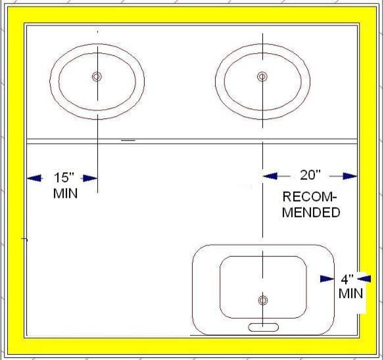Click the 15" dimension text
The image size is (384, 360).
[x=64, y=177]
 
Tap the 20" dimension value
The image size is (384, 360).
[x=310, y=175]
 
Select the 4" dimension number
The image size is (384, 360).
[x=347, y=279]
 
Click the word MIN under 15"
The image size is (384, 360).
[x=65, y=193]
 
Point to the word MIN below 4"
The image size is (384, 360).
[x=350, y=294]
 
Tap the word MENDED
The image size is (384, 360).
[x=311, y=212]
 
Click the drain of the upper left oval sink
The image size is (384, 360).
[x=97, y=77]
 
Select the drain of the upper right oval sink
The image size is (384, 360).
[x=262, y=77]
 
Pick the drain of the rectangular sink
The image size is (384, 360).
[x=263, y=300]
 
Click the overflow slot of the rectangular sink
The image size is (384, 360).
[x=263, y=327]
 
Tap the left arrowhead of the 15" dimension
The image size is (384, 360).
[x=34, y=178]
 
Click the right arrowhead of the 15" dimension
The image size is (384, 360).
[x=90, y=178]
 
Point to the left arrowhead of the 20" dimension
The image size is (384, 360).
[x=270, y=175]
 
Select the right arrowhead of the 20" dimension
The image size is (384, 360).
[x=350, y=176]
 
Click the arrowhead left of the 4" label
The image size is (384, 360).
[x=327, y=279]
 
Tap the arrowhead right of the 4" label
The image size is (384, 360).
[x=364, y=279]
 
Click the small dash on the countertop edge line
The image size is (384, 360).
[x=128, y=141]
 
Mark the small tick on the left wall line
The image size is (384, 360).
[x=24, y=239]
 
